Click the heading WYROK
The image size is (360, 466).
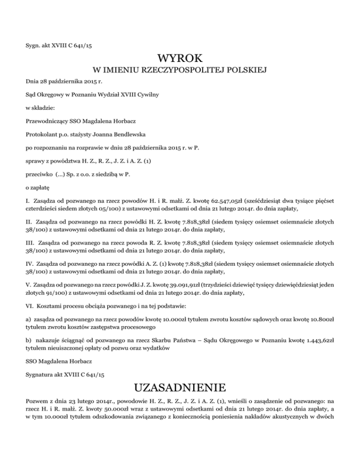click(x=180, y=59)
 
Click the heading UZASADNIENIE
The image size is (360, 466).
click(x=180, y=388)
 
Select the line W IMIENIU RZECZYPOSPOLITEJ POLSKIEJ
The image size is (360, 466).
click(x=180, y=71)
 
